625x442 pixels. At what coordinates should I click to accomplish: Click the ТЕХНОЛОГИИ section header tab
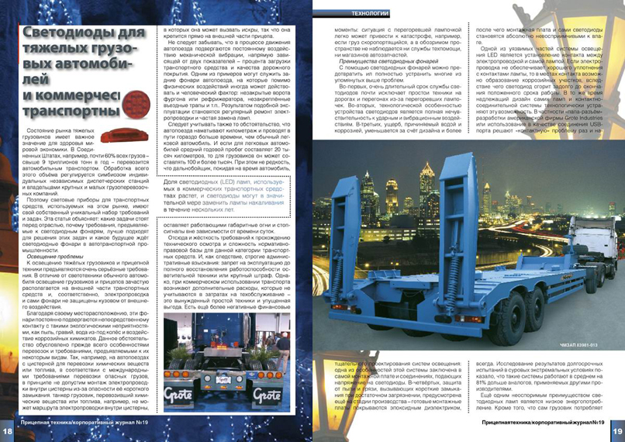coord(347,13)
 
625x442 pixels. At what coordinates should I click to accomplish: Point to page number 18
coord(8,431)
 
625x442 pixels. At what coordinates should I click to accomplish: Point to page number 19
coord(616,431)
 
